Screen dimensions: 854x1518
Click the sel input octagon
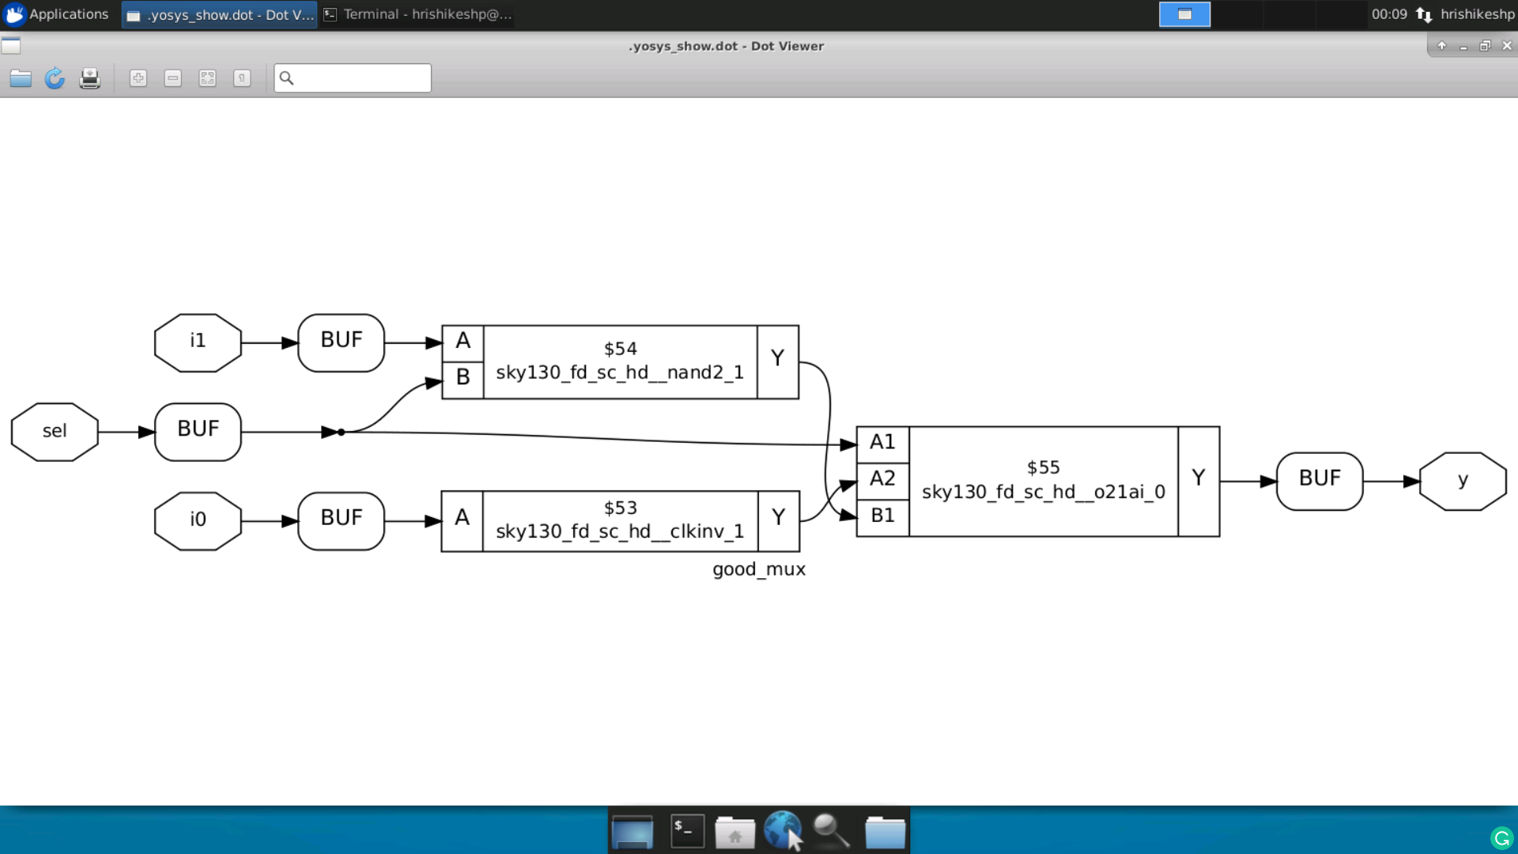pyautogui.click(x=55, y=432)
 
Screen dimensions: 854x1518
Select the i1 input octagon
pyautogui.click(x=198, y=342)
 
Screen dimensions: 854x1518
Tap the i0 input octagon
pyautogui.click(x=198, y=520)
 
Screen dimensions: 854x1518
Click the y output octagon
pyautogui.click(x=1463, y=481)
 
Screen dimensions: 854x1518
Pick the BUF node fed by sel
pyautogui.click(x=198, y=432)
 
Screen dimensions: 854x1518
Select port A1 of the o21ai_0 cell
pyautogui.click(x=882, y=443)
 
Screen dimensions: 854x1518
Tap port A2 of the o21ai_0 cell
pyautogui.click(x=882, y=479)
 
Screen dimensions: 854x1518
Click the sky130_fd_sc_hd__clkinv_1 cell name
pyautogui.click(x=620, y=532)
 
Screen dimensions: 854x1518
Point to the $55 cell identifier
pyautogui.click(x=1043, y=468)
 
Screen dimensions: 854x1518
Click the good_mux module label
pyautogui.click(x=758, y=570)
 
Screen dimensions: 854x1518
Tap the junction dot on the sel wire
pyautogui.click(x=341, y=433)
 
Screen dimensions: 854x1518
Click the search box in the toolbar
pyautogui.click(x=361, y=78)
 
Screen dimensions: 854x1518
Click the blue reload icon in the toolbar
pyautogui.click(x=55, y=78)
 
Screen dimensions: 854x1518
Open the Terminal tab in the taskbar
pyautogui.click(x=419, y=14)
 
